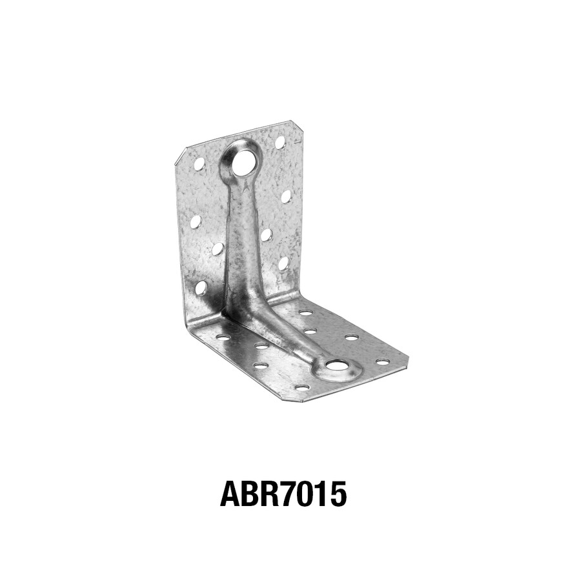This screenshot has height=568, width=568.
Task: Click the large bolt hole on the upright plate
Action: [243, 163]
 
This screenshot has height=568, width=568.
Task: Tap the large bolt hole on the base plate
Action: [337, 365]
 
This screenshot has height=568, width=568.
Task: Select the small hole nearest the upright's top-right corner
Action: [280, 142]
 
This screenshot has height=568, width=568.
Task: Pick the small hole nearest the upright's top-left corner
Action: [199, 164]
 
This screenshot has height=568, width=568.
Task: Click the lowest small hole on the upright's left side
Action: [201, 287]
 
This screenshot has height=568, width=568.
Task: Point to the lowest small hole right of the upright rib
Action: [283, 263]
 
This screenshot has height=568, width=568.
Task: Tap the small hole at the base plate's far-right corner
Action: [383, 361]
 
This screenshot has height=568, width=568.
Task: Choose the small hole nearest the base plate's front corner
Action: [301, 387]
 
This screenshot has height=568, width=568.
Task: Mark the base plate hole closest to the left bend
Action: [222, 336]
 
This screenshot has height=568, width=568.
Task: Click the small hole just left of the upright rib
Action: [218, 249]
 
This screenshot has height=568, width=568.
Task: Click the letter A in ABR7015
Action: [231, 494]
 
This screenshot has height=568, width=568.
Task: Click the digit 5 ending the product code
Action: [338, 494]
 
